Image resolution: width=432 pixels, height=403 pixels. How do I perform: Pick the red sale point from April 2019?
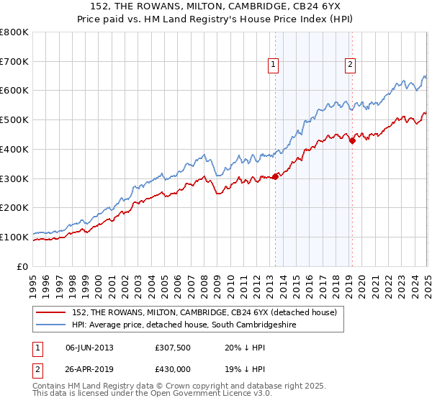point(352,141)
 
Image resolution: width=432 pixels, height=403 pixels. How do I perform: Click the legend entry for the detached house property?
point(209,312)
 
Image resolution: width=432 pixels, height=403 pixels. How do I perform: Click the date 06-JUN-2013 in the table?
point(89,348)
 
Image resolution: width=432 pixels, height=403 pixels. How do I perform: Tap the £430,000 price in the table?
point(172,368)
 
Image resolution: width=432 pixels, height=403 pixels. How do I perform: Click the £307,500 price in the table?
point(172,348)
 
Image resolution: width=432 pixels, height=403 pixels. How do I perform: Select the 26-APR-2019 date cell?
point(89,368)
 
